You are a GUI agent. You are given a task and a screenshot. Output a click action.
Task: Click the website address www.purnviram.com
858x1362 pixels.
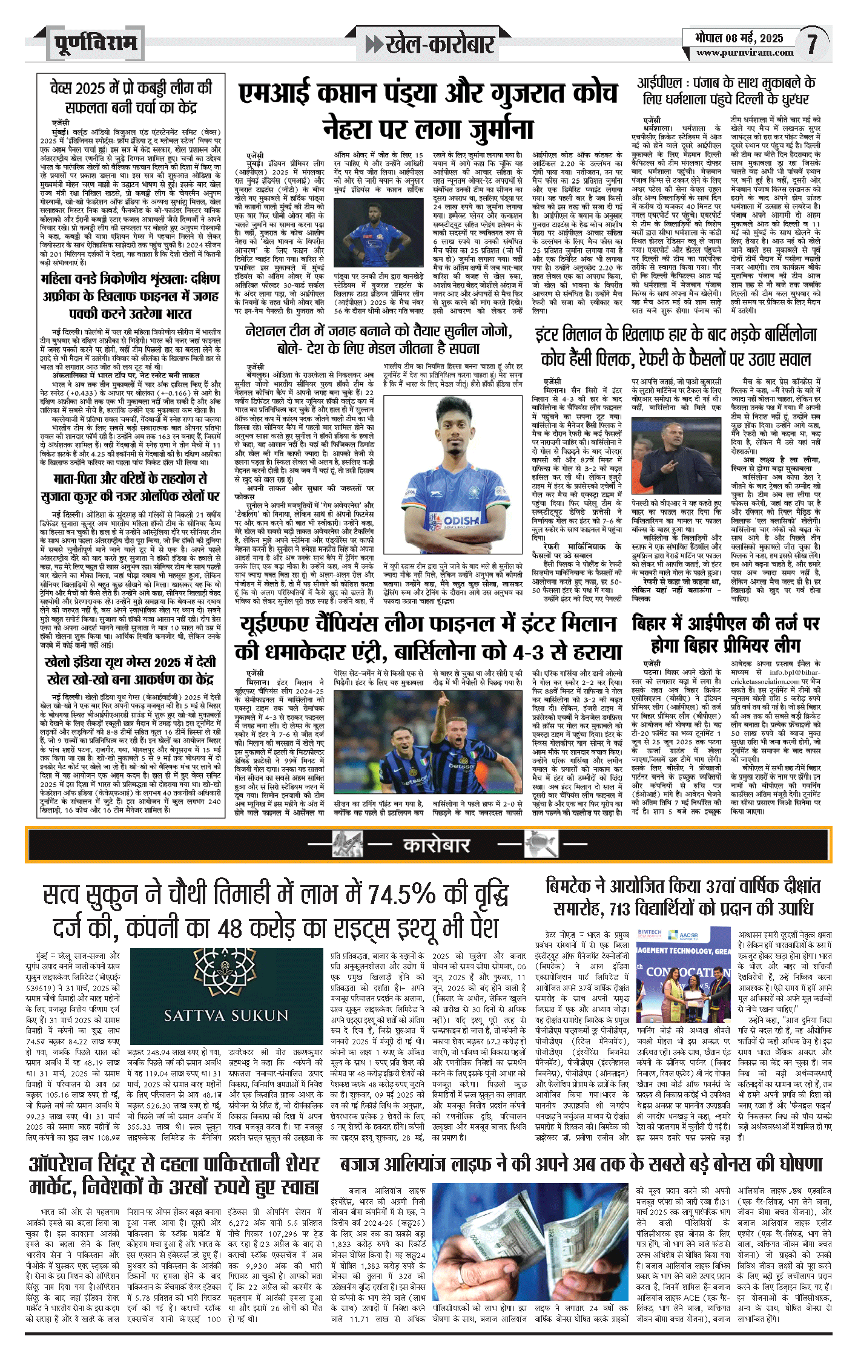(744, 52)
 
